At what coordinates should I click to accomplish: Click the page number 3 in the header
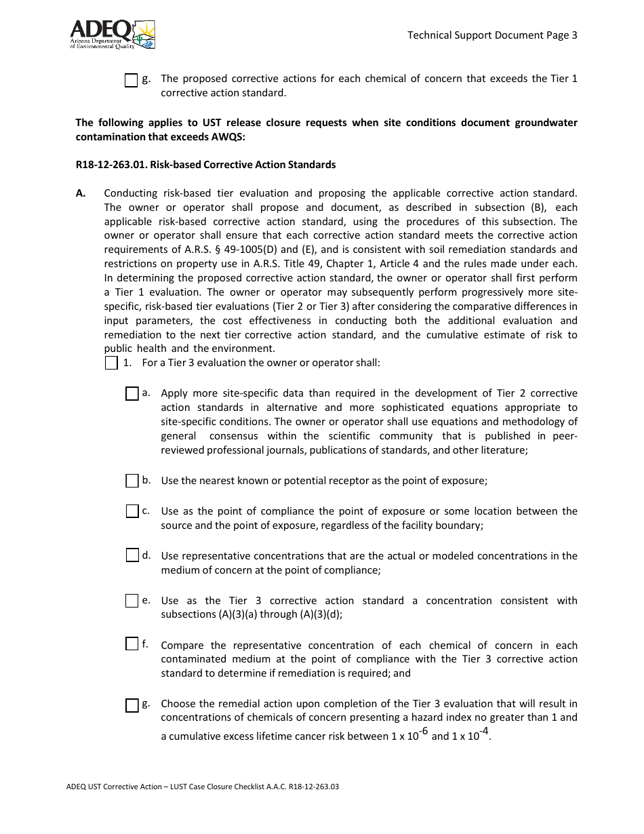tap(574, 35)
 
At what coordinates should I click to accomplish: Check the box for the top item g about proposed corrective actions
tap(132, 81)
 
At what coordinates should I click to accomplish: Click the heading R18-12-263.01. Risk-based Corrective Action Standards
tap(205, 165)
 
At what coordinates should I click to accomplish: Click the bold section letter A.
tap(81, 193)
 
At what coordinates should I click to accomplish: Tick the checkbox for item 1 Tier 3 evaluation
tap(112, 363)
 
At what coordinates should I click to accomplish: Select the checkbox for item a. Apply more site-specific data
tap(132, 394)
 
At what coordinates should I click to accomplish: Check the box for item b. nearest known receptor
tap(132, 481)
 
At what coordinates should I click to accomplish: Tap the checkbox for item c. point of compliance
tap(132, 511)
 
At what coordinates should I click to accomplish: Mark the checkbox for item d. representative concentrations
tap(132, 555)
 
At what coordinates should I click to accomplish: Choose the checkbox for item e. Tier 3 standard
tap(132, 601)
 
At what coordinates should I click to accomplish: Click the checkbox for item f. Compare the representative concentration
tap(132, 644)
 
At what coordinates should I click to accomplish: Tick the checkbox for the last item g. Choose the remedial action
tap(132, 705)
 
